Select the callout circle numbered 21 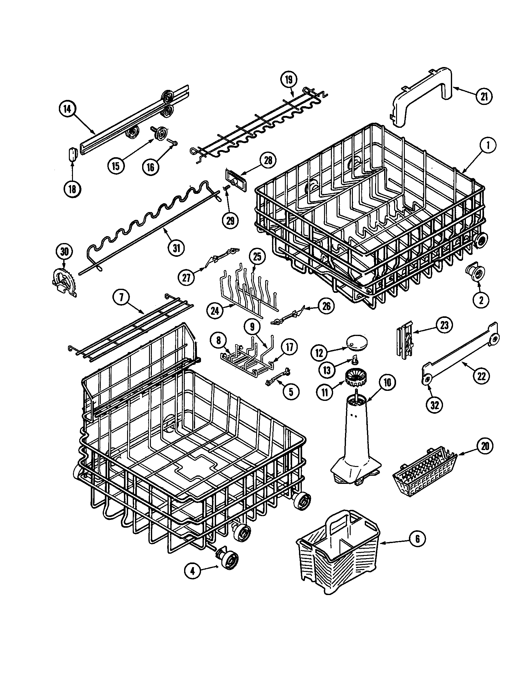484,96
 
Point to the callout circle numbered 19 289,80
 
